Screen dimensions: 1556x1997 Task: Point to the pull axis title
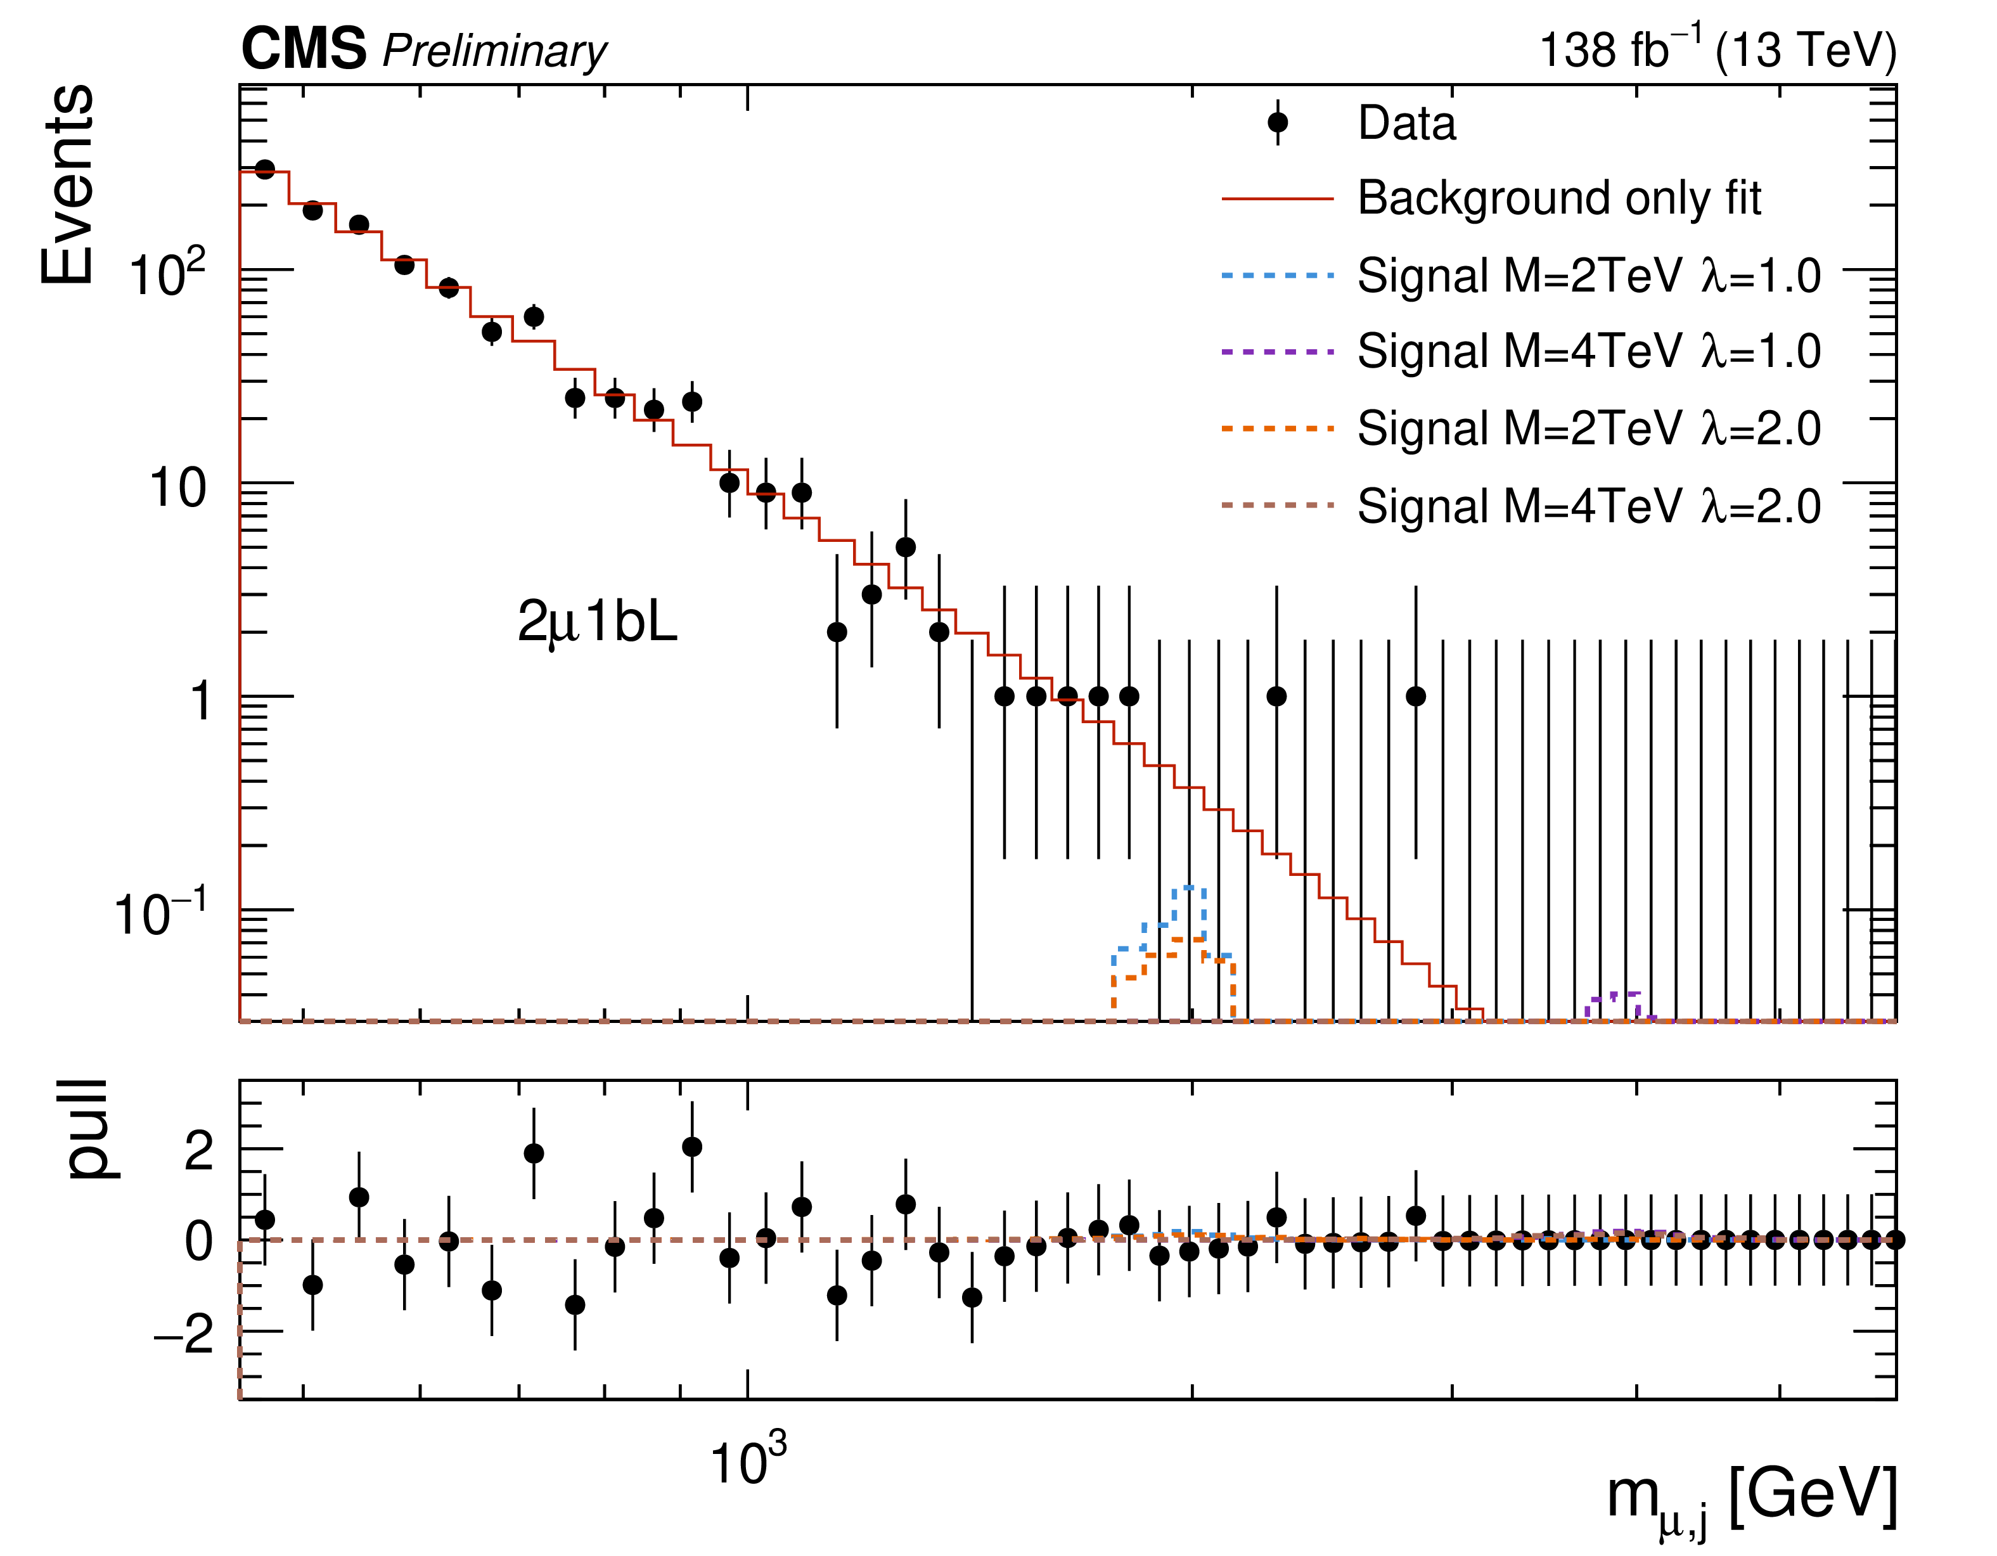89,1128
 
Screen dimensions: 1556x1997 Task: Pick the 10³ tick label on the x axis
747,1461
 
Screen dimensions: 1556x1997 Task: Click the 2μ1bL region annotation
597,622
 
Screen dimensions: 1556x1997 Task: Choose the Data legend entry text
1406,124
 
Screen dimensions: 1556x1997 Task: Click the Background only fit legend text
1559,198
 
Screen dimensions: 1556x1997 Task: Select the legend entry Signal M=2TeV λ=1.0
1588,275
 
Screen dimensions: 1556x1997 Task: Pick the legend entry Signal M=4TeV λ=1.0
1588,351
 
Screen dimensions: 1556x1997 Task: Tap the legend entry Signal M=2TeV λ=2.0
1588,428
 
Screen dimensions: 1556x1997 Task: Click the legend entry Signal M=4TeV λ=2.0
1588,506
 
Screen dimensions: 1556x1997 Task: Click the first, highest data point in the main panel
265,169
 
